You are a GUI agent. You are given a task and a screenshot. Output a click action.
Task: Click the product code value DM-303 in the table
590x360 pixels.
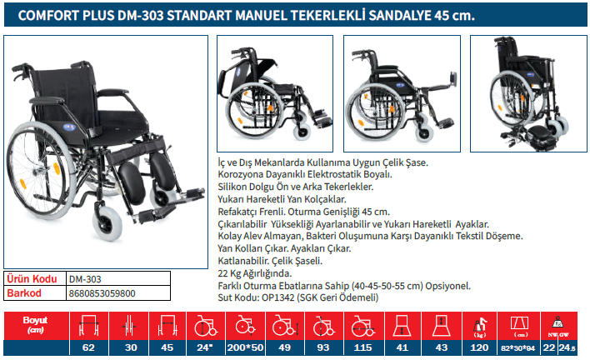[85, 279]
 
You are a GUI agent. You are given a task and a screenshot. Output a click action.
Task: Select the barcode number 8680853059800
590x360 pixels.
[102, 293]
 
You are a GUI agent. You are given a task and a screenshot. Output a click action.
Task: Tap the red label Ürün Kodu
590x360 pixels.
[32, 278]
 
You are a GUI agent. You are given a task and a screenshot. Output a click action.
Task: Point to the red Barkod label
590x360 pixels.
[24, 293]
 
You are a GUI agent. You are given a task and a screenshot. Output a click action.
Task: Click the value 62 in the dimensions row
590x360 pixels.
[88, 347]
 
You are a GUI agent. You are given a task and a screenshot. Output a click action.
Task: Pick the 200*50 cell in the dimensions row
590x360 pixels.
[245, 347]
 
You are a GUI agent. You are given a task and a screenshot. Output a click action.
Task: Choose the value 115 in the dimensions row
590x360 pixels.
[362, 347]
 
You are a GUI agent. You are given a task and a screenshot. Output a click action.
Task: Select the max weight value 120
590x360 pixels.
[479, 347]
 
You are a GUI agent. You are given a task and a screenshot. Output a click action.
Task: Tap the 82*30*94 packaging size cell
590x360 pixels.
[517, 348]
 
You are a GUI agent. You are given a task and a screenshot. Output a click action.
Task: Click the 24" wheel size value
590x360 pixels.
[205, 347]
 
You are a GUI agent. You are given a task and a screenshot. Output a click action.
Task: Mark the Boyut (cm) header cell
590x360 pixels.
[35, 325]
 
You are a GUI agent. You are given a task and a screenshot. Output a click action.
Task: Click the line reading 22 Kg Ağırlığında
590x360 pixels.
[255, 273]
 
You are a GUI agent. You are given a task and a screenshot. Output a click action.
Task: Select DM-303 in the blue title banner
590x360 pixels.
[140, 16]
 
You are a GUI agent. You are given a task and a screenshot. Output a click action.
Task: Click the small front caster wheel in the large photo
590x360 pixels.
[107, 223]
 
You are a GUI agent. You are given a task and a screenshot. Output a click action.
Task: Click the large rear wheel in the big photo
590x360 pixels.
[42, 170]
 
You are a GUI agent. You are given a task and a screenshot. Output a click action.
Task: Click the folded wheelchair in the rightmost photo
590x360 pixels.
[528, 93]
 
